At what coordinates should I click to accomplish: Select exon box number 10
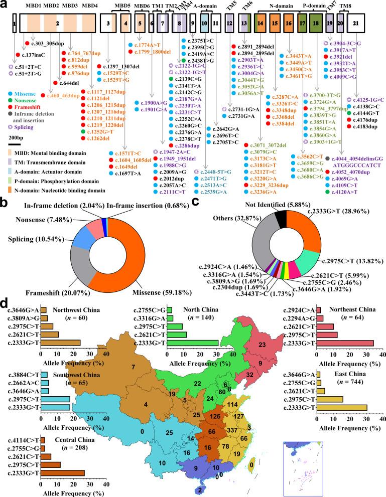[x=204, y=23]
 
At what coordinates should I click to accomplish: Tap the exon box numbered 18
[x=315, y=23]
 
